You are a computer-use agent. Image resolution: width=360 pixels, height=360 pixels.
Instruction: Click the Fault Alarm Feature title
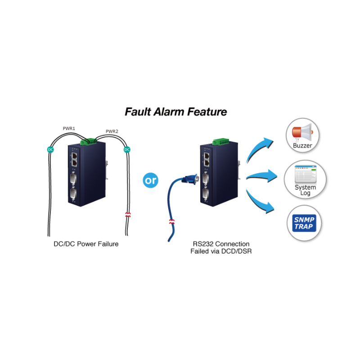tap(176, 111)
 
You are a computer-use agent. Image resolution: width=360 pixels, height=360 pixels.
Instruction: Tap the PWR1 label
tap(69, 129)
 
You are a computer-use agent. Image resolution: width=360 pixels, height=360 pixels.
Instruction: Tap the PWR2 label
tap(112, 131)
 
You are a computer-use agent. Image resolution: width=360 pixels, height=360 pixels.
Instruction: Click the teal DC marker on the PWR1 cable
tap(50, 149)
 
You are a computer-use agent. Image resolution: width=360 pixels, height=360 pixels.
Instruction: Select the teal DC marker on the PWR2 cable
tap(127, 149)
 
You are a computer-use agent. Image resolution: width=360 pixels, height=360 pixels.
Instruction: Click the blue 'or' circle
tap(150, 180)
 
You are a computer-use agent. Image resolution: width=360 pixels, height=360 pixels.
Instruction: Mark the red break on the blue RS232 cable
tap(171, 221)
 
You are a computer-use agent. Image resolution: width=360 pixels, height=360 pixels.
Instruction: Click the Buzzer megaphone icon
tap(302, 131)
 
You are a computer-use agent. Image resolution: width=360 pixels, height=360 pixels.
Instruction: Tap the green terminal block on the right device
tap(219, 142)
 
